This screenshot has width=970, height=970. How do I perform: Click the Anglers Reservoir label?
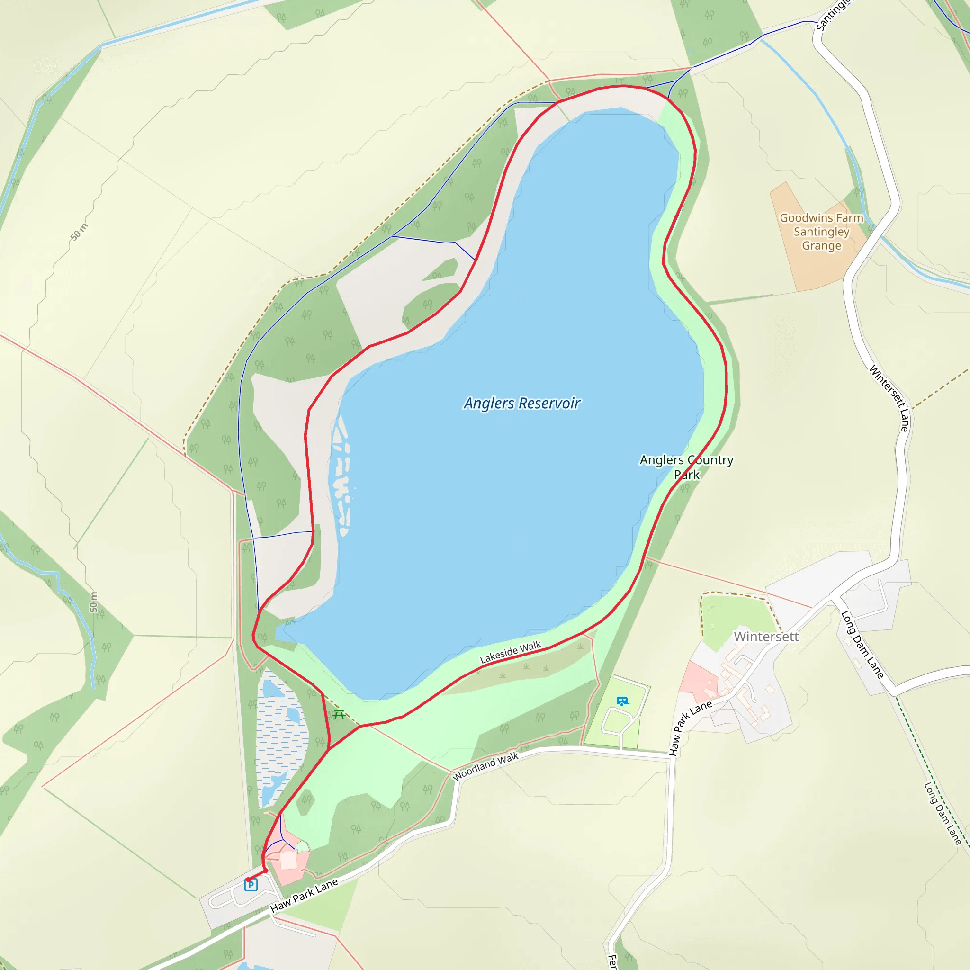(521, 403)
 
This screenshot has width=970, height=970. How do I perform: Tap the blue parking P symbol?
(251, 885)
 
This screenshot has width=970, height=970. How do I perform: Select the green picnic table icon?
(339, 714)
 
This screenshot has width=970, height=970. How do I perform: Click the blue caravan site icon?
(622, 701)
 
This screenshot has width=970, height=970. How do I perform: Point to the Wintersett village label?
(766, 637)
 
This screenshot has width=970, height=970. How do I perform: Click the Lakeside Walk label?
(511, 652)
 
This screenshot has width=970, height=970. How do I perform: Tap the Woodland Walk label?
(485, 767)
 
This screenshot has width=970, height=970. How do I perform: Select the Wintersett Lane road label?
(889, 398)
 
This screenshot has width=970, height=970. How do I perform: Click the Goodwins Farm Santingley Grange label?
(821, 232)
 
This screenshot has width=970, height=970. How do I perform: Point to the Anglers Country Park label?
(686, 467)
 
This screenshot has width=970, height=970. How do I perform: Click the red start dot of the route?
(248, 880)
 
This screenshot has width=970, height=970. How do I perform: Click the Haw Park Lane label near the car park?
(304, 895)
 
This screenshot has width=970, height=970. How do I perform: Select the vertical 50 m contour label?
(93, 602)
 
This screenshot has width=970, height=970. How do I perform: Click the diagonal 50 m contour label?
(79, 232)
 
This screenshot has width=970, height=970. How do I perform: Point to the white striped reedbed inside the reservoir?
(341, 477)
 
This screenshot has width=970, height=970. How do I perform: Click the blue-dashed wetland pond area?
(281, 738)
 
